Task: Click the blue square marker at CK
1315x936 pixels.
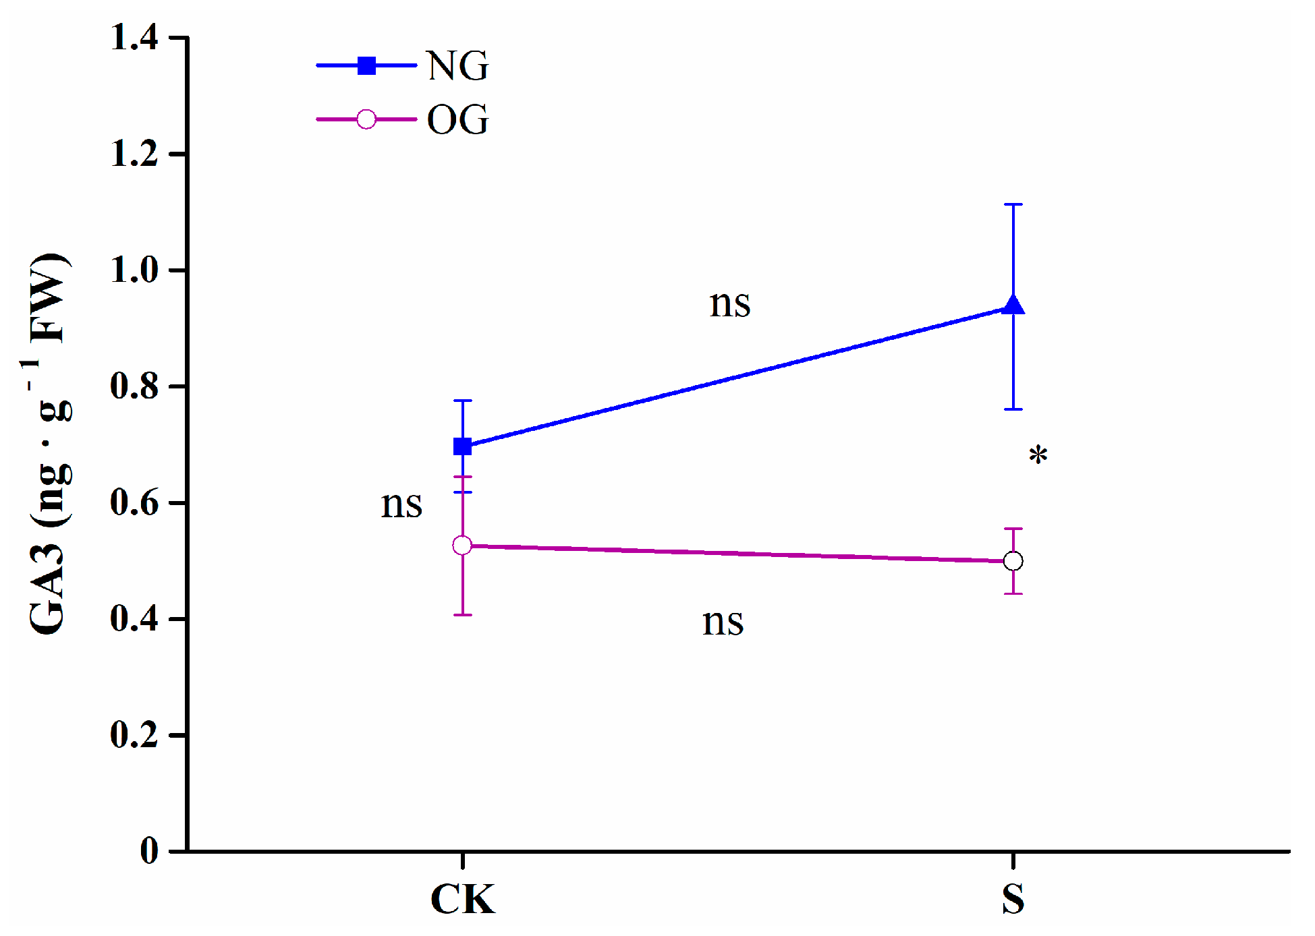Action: click(462, 446)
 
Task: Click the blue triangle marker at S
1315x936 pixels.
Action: click(1013, 306)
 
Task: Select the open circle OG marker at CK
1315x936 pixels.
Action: click(462, 545)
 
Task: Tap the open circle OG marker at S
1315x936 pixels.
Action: click(1013, 561)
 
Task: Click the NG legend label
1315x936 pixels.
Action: click(457, 66)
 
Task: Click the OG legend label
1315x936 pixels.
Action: click(457, 120)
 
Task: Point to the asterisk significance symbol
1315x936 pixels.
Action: click(1038, 456)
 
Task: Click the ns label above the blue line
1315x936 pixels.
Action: click(729, 303)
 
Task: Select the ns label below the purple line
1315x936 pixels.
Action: click(723, 622)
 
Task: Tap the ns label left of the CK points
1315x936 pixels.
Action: click(401, 504)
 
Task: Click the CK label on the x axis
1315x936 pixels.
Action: click(462, 899)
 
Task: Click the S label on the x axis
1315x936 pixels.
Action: click(1013, 899)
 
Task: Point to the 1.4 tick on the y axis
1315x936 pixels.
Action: click(134, 37)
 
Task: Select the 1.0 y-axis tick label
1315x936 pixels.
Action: click(134, 270)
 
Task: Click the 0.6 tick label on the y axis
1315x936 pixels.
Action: click(134, 503)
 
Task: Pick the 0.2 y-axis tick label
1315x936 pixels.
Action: click(134, 735)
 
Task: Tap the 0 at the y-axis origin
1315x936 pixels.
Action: click(149, 851)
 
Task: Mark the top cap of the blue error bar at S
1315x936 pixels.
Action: click(1013, 204)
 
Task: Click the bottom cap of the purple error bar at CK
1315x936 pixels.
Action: click(462, 615)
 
